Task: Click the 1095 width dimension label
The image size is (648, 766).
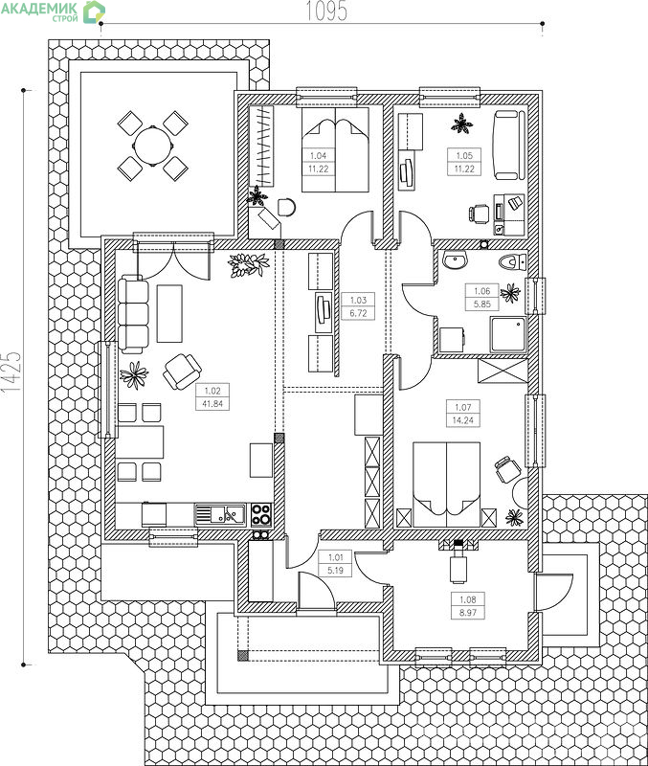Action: click(x=326, y=11)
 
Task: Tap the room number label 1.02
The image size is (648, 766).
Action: click(x=212, y=391)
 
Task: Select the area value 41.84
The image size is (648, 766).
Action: click(x=212, y=404)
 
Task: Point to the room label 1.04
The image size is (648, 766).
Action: click(x=318, y=156)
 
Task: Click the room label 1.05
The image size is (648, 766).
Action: click(x=464, y=155)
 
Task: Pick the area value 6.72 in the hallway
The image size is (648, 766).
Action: click(x=358, y=313)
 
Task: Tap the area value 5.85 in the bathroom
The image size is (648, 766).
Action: click(x=482, y=304)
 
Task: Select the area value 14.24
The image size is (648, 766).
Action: click(x=463, y=420)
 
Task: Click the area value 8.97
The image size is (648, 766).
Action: click(x=468, y=613)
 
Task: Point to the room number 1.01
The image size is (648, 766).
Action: click(x=335, y=557)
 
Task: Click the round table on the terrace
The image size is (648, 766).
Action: click(x=153, y=146)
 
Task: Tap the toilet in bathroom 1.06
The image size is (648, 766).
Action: click(x=512, y=262)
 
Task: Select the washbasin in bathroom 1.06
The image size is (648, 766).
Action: click(x=455, y=260)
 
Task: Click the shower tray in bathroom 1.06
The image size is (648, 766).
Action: click(x=508, y=334)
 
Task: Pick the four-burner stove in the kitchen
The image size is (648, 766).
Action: click(x=261, y=515)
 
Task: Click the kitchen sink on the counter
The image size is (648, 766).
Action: click(x=220, y=515)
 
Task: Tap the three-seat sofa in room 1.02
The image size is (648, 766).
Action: click(x=133, y=314)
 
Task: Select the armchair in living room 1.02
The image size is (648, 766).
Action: click(x=182, y=372)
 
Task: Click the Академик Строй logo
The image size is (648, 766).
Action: click(x=53, y=11)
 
